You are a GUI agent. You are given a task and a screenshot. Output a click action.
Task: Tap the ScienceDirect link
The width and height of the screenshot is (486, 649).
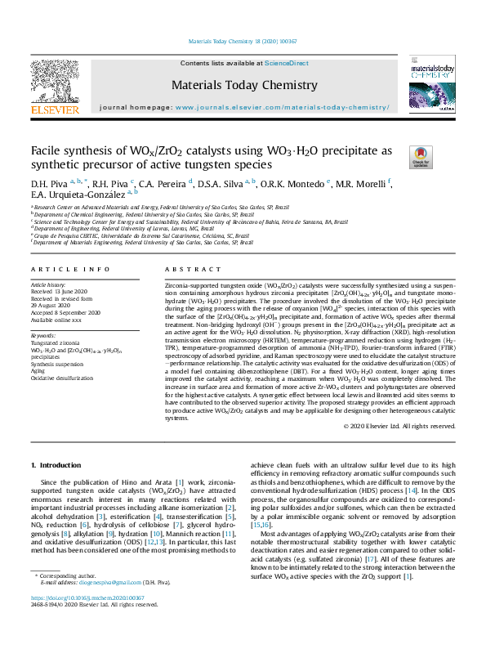tap(288, 64)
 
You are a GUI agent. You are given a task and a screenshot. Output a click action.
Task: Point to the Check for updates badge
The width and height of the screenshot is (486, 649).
tap(421, 156)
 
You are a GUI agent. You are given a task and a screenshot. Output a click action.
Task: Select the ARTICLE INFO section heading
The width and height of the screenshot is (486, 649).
tap(70, 269)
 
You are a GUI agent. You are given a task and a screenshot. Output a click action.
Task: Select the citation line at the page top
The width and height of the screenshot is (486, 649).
tap(243, 40)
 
